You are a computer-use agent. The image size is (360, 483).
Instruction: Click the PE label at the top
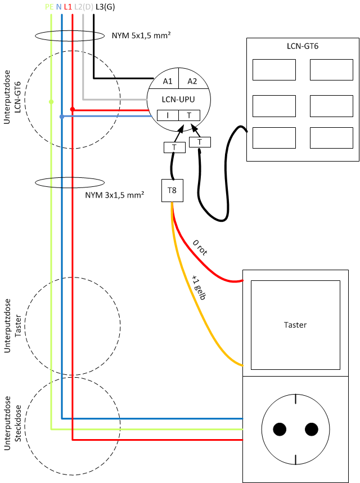click(49, 7)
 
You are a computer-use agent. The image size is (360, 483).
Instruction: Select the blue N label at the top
click(58, 7)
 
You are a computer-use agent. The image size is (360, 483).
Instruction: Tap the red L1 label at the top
click(67, 7)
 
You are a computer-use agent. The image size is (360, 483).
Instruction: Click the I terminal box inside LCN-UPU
click(168, 115)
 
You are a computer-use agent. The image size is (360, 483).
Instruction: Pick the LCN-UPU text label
click(179, 99)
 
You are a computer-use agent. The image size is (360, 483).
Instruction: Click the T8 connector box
click(172, 191)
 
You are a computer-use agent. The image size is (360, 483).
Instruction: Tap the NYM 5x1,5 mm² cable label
click(141, 35)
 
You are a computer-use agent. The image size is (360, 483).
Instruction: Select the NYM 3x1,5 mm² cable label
click(114, 195)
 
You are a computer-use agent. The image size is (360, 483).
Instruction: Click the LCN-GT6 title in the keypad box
click(303, 45)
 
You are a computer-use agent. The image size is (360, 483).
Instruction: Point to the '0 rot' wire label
click(200, 248)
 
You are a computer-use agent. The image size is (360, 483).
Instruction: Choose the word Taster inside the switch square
click(295, 325)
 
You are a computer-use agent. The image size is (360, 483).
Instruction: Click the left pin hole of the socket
click(280, 430)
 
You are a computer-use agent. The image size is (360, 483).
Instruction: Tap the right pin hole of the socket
click(311, 430)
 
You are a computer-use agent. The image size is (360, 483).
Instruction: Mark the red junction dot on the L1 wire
click(73, 109)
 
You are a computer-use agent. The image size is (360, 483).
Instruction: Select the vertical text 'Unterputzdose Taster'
click(12, 326)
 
